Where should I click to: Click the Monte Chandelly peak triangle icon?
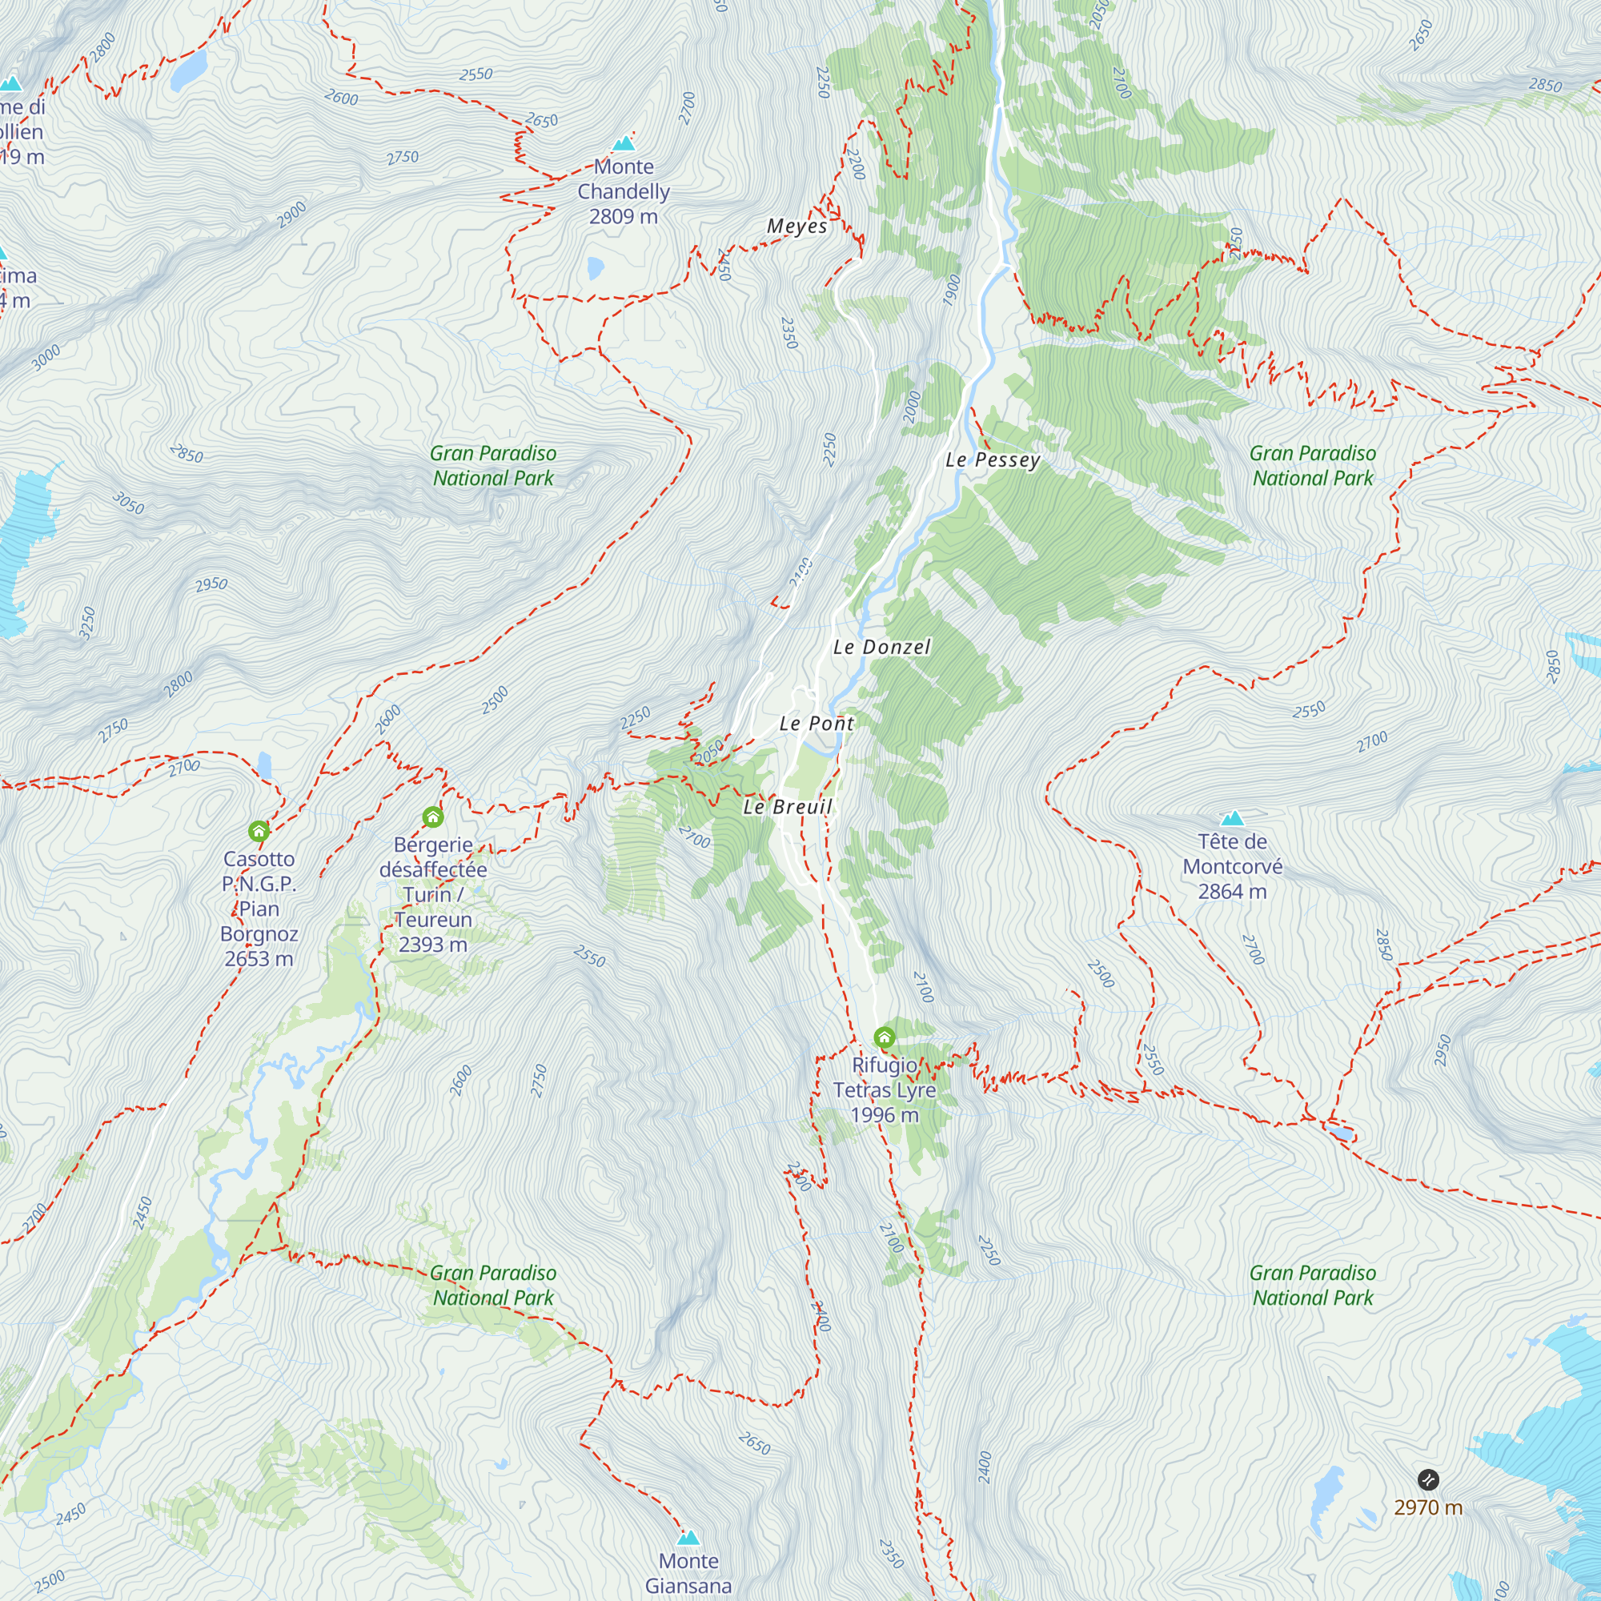(x=623, y=143)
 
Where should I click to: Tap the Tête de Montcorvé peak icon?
(x=1232, y=819)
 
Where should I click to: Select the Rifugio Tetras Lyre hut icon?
(x=885, y=1037)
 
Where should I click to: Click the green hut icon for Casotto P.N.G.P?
(x=259, y=831)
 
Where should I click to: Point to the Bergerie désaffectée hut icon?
(x=432, y=818)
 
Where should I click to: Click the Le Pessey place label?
(x=992, y=460)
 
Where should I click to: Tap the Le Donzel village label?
(x=881, y=647)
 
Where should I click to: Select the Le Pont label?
(x=817, y=724)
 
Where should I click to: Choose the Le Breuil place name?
(x=787, y=807)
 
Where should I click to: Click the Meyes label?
(x=796, y=227)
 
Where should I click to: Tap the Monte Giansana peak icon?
(x=688, y=1538)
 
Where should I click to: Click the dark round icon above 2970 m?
(x=1428, y=1479)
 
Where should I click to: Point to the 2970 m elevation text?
(x=1428, y=1507)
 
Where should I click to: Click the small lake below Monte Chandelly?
(x=595, y=267)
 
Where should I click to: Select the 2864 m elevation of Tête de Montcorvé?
(x=1232, y=892)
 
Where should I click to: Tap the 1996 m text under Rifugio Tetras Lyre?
(x=885, y=1114)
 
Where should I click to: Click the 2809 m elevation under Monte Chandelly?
(x=623, y=216)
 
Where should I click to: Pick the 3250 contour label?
(x=87, y=623)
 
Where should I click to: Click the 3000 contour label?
(x=46, y=357)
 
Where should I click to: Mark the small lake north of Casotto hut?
(x=263, y=764)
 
